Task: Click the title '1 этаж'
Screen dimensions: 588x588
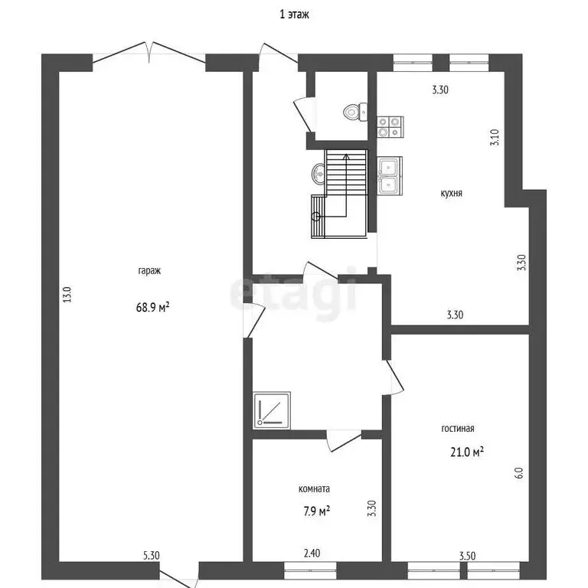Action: coord(294,15)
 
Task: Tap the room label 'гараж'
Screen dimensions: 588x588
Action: coord(149,271)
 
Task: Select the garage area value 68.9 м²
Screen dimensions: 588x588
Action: coord(152,308)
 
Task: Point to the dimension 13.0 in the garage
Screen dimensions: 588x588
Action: coord(67,294)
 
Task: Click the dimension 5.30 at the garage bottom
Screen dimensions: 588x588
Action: coord(152,555)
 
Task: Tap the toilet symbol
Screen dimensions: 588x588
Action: coord(355,111)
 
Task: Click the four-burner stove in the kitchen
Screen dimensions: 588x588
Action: coord(390,127)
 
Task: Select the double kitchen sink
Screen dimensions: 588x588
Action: coord(390,176)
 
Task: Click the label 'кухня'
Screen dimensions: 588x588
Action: coord(451,194)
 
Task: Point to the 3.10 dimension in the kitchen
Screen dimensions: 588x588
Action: coord(495,137)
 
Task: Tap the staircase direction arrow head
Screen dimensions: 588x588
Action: coord(347,157)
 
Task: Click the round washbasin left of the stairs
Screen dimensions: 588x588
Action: coord(318,174)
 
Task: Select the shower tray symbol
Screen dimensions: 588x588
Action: coord(272,410)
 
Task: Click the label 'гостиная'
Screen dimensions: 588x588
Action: coord(458,428)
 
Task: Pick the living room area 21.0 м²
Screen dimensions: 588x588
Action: coord(467,452)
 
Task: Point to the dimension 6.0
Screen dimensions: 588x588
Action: coord(518,472)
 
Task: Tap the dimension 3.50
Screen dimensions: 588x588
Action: coord(468,556)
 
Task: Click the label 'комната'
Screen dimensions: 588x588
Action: coord(314,489)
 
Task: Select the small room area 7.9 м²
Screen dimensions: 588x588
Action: coord(317,511)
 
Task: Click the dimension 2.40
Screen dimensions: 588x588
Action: coord(312,553)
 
